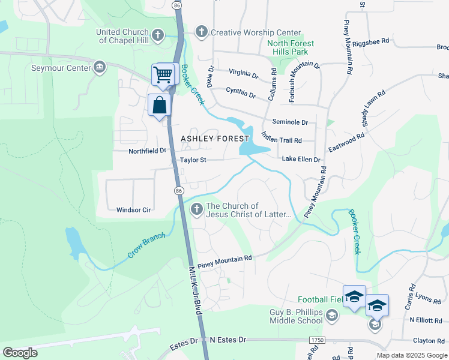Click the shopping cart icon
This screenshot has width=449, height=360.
tap(163, 75)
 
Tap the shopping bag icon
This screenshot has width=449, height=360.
tap(160, 105)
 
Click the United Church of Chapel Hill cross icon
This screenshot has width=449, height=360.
tap(158, 35)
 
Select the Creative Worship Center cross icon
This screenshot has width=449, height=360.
tap(202, 32)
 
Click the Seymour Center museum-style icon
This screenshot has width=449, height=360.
tap(100, 67)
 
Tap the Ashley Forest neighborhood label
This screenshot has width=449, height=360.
tap(215, 139)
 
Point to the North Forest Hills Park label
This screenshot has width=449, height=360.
tap(295, 47)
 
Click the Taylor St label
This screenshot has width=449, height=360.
tap(193, 160)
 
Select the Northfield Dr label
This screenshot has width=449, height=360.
tap(147, 151)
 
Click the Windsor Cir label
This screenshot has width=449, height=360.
tap(133, 210)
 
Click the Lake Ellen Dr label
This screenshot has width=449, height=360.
tap(301, 160)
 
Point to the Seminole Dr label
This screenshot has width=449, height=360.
tap(289, 122)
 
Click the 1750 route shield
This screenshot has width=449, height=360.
tap(315, 340)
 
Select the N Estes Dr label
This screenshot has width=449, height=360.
tap(228, 340)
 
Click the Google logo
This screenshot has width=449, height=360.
tap(20, 353)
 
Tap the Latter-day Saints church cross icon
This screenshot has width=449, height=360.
tap(196, 209)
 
